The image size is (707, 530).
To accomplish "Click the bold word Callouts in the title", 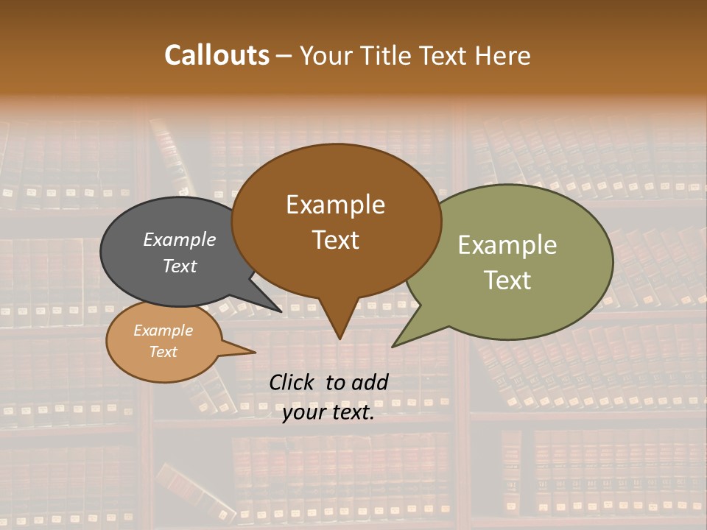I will (217, 55).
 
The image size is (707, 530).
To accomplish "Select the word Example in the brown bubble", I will (335, 205).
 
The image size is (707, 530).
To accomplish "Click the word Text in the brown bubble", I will (335, 239).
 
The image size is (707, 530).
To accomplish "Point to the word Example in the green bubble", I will (507, 245).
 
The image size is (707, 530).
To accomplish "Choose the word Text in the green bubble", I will (507, 280).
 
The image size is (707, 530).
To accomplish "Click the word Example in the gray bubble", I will (179, 239).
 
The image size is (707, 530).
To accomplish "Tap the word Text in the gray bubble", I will (179, 266).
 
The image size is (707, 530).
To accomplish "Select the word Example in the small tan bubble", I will (163, 331).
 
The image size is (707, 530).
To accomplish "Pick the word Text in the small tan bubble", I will (163, 352).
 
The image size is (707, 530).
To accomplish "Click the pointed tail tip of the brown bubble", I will (340, 338).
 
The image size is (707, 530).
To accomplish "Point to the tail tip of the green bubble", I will (393, 346).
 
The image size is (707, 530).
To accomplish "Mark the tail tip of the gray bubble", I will (281, 311).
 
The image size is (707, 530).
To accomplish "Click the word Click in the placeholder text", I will (292, 382).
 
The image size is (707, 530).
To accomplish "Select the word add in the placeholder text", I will (370, 382).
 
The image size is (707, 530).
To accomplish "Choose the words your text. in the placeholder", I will (328, 412).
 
